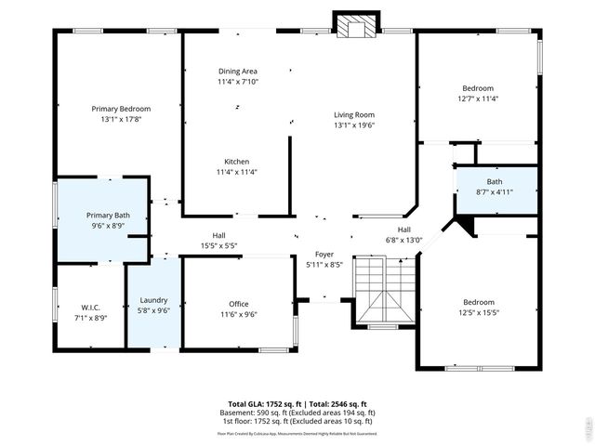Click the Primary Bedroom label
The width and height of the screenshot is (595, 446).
[121, 109]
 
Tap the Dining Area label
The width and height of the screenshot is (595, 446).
[237, 72]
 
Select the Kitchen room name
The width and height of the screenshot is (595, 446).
[236, 161]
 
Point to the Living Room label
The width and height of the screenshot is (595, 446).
[354, 115]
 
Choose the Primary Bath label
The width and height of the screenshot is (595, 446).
[107, 215]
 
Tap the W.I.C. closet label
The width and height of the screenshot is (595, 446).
[89, 308]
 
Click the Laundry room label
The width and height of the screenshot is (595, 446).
[153, 300]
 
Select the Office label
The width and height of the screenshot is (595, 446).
[238, 304]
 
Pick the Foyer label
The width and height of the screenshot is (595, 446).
[324, 254]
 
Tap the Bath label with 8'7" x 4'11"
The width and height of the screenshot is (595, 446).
[495, 181]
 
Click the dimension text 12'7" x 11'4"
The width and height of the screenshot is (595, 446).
[478, 98]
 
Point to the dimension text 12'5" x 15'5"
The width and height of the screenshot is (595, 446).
[479, 312]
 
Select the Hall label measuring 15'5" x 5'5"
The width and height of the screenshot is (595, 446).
[218, 236]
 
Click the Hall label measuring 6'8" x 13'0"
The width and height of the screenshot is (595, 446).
[404, 230]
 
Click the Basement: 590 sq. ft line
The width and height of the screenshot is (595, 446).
[297, 413]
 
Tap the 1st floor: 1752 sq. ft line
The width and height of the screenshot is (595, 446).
[297, 420]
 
